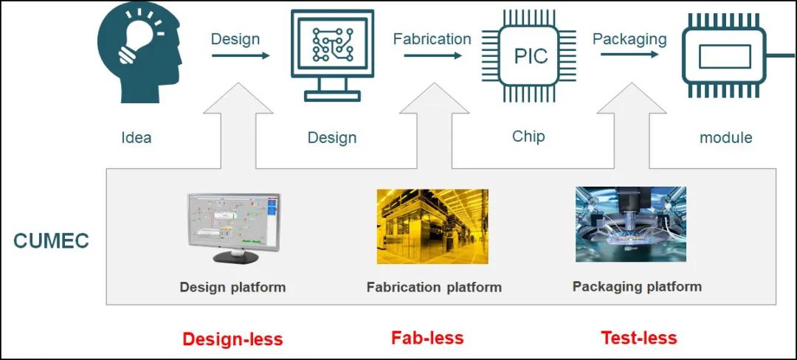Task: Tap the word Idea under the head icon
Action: point(137,137)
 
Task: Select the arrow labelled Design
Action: point(241,55)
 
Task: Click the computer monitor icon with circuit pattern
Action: point(332,54)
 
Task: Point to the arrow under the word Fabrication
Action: point(432,55)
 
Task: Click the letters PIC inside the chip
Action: point(531,56)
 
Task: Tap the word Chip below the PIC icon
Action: point(528,136)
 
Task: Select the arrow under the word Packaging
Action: point(629,55)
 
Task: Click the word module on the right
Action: point(725,137)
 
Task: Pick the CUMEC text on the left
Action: point(51,241)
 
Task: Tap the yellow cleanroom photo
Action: point(432,226)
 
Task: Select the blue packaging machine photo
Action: point(630,224)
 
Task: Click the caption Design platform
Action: point(232,287)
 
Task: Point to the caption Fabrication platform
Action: point(434,287)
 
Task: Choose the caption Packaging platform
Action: point(637,286)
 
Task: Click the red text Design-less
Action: point(232,339)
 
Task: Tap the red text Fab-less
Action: point(427,338)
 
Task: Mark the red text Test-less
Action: point(639,338)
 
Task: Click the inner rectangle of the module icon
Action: point(724,57)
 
